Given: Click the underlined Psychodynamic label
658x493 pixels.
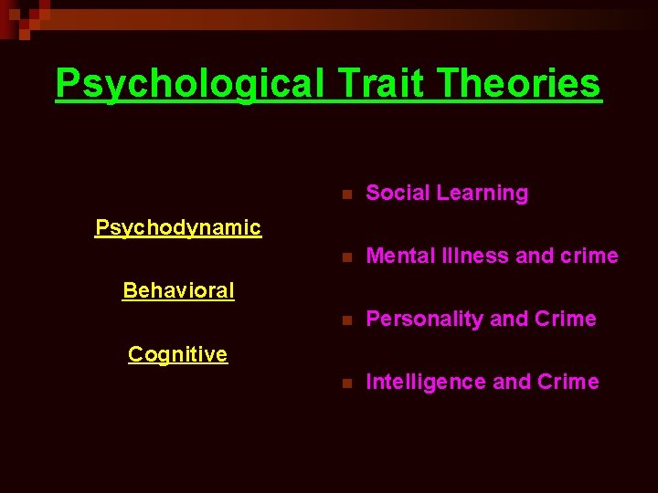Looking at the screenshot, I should tap(178, 227).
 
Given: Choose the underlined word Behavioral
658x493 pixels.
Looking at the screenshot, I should tap(178, 291).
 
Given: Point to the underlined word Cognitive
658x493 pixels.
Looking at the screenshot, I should tap(178, 354).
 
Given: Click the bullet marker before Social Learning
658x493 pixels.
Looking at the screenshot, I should tap(345, 194).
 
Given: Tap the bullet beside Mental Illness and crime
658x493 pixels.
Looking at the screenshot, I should tap(345, 257).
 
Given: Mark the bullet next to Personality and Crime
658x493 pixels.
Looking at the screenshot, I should tap(345, 320).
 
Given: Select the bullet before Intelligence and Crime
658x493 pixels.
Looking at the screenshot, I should tap(345, 383).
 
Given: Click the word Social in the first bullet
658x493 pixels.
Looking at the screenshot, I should tap(398, 194).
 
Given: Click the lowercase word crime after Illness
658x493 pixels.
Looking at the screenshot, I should tap(589, 257).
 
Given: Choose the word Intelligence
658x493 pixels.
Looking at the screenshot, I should tap(426, 383).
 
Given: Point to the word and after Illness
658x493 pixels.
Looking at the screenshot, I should tap(535, 257).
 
